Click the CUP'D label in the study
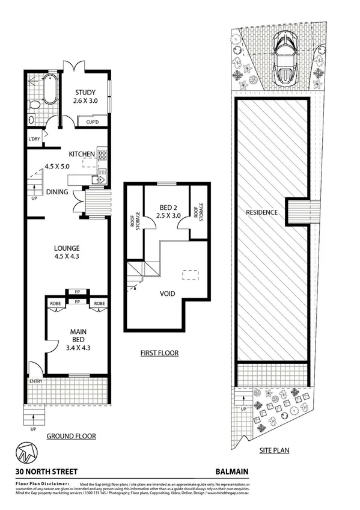(92, 122)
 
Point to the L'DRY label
(34, 140)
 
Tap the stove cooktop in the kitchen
(102, 158)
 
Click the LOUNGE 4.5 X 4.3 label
(66, 252)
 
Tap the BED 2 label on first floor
(167, 211)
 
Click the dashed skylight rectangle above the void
(191, 274)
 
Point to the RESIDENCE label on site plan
(261, 212)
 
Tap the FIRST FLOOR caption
(159, 353)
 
